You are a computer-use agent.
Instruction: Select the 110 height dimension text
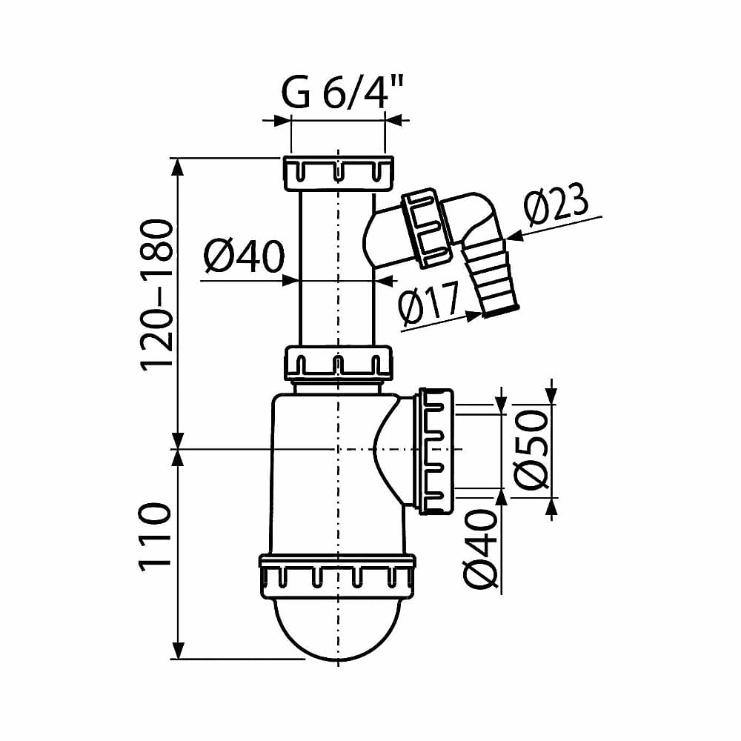[155, 537]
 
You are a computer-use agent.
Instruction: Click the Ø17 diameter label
[429, 305]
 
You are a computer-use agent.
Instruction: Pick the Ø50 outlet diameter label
[531, 450]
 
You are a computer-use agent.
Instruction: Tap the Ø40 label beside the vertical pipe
[245, 256]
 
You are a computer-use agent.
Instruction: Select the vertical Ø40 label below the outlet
[481, 549]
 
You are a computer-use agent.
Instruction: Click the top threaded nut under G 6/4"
[339, 173]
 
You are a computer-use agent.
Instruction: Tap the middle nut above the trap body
[339, 363]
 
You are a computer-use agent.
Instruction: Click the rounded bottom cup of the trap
[338, 629]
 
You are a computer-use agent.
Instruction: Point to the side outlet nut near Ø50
[435, 451]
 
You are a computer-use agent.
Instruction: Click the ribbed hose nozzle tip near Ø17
[491, 278]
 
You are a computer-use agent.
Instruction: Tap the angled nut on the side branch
[426, 228]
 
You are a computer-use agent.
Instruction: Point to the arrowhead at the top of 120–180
[178, 166]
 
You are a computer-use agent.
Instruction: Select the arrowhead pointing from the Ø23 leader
[515, 236]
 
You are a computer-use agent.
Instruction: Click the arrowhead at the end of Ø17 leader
[474, 316]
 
